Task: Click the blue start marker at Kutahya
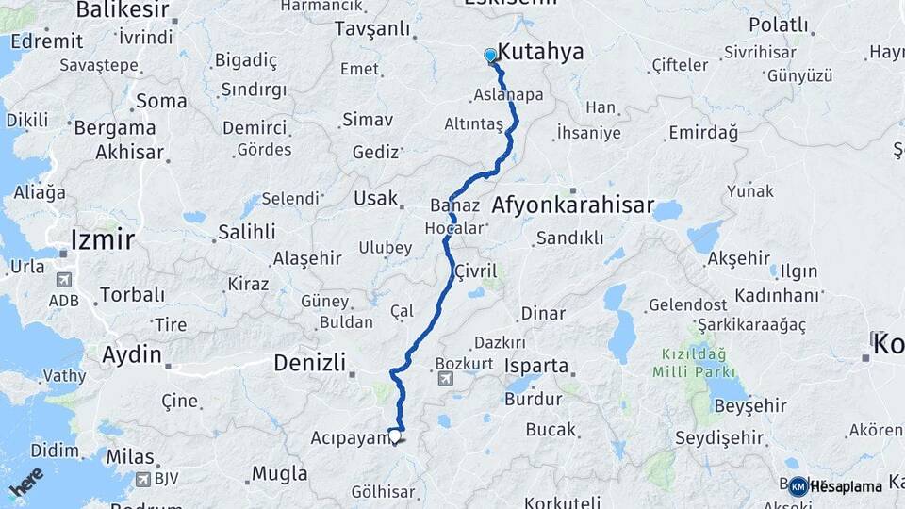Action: (x=490, y=56)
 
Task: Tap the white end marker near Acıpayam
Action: (x=394, y=438)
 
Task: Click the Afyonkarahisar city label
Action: (x=572, y=205)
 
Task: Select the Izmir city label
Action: (x=102, y=239)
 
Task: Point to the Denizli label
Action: (x=309, y=362)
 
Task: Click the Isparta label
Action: (x=536, y=366)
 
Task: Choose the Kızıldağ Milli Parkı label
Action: (x=694, y=363)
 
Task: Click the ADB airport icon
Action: (x=63, y=280)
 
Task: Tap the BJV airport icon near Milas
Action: (x=142, y=479)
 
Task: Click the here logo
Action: (x=26, y=481)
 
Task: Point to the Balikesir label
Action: (x=122, y=10)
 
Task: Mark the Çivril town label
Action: (x=475, y=271)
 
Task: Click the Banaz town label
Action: (x=449, y=205)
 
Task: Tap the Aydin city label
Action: (x=132, y=355)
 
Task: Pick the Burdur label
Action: (x=533, y=398)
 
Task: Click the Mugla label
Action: (x=279, y=473)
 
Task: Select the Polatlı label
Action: (x=778, y=25)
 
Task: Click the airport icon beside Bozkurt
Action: (x=445, y=379)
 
